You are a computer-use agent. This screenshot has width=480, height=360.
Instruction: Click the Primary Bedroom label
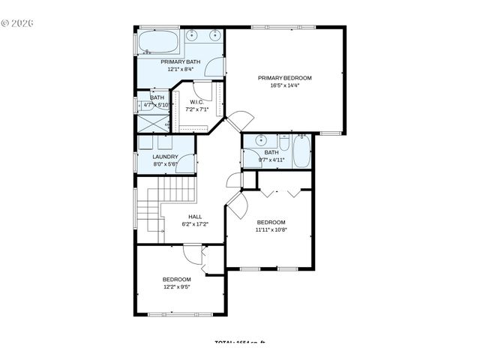pos(284,77)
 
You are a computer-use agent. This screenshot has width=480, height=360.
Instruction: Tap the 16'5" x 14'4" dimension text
pos(284,85)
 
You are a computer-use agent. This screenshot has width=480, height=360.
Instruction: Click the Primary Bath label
pos(180,61)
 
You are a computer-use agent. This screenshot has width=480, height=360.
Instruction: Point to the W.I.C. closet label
pos(196,102)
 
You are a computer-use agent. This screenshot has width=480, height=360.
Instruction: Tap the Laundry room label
pos(165,157)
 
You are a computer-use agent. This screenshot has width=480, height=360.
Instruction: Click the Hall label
pos(195,216)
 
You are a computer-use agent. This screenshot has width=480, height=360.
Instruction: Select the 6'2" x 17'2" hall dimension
pos(195,223)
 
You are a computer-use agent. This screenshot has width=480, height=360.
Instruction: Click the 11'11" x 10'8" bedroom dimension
pos(271,230)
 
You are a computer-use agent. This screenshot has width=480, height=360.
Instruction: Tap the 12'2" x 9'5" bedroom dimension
pos(176,286)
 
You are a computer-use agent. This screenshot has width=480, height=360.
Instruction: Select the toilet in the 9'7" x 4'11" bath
pos(283,143)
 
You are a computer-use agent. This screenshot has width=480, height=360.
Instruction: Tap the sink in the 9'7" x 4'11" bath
pos(260,141)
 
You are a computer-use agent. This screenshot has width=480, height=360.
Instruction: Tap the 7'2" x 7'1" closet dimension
pos(196,109)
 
